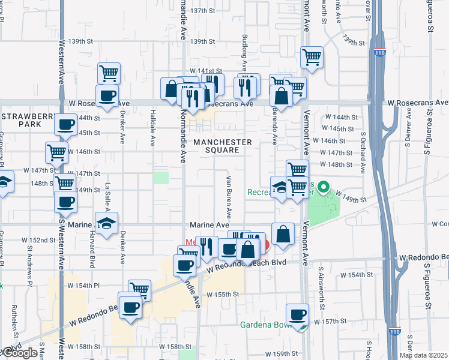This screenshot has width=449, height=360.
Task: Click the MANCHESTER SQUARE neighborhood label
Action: coord(223,146)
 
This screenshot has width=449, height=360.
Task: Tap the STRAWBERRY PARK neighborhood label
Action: coord(21,119)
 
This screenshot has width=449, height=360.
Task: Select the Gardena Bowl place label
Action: coord(265,325)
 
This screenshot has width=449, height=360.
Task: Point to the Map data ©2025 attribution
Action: coord(424,355)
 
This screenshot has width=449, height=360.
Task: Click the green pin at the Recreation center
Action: coord(323,188)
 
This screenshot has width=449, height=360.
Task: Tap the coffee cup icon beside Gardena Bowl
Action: coord(297,314)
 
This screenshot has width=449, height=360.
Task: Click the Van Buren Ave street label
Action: coord(229,197)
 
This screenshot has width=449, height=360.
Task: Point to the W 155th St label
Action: coord(223,295)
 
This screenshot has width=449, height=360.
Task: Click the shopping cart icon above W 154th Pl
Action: coord(139,290)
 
